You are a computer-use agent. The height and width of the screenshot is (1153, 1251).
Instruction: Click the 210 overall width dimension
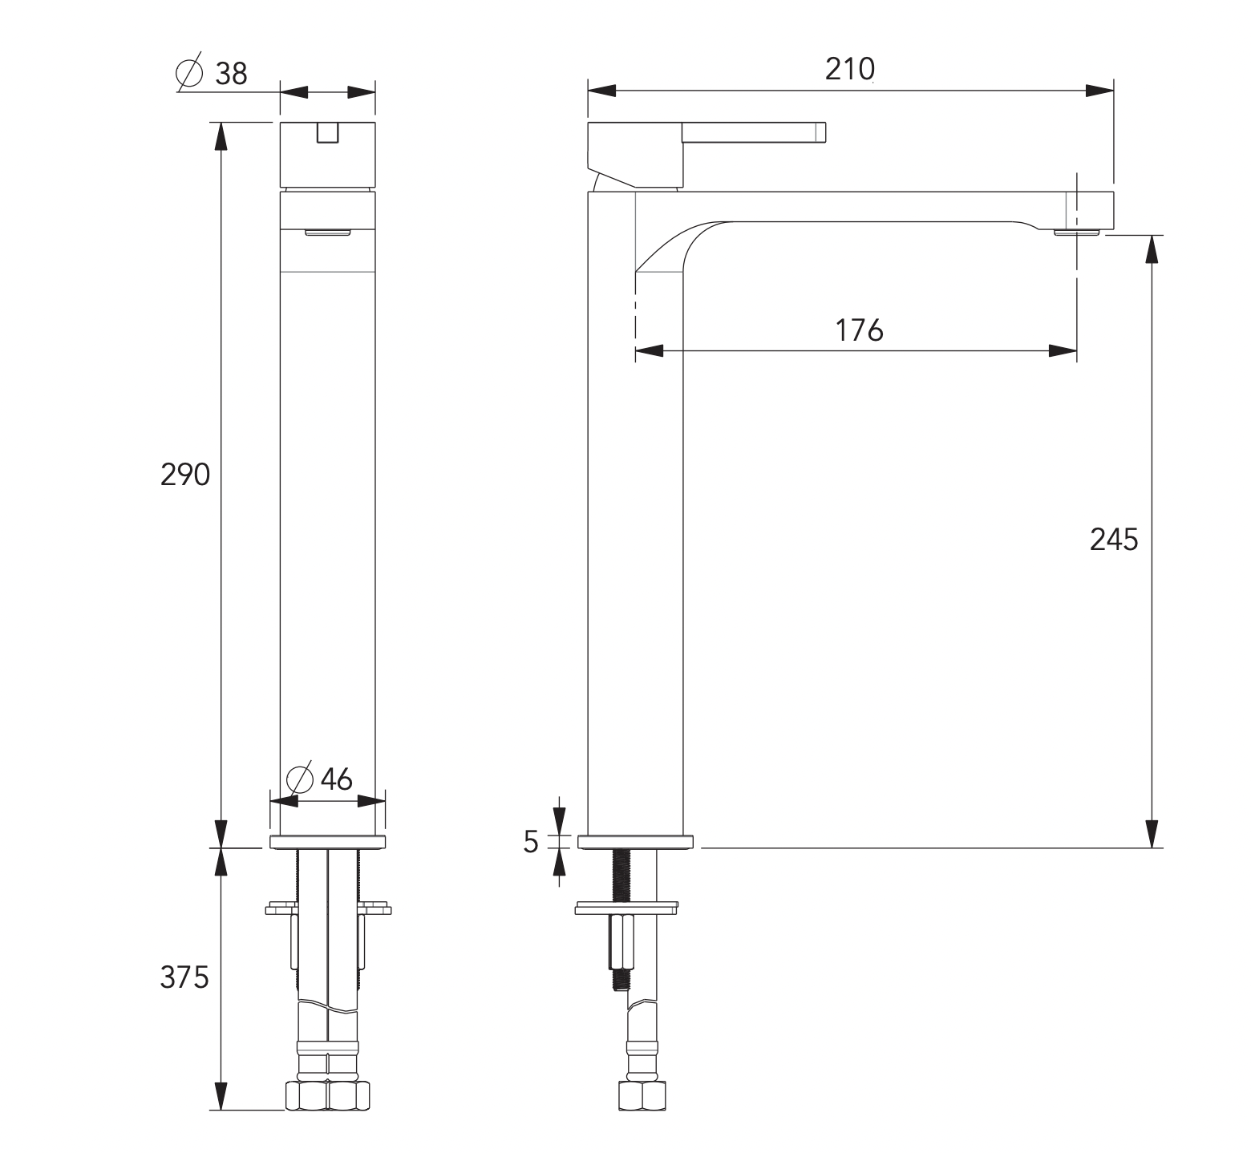click(x=849, y=70)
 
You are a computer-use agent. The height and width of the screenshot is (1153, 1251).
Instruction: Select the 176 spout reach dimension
click(x=859, y=330)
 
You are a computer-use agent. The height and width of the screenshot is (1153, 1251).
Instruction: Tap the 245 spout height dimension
click(x=1113, y=540)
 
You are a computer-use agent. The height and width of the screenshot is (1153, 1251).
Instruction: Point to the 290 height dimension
click(x=185, y=475)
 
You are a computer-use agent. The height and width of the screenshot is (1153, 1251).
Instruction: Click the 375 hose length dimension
click(x=184, y=977)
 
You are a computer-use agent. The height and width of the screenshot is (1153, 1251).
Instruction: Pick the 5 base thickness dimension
click(x=531, y=841)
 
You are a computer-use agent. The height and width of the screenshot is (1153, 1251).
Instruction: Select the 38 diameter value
click(x=231, y=75)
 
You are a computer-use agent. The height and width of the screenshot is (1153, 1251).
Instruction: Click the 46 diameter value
click(x=336, y=779)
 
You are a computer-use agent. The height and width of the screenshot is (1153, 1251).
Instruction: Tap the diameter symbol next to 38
click(x=189, y=73)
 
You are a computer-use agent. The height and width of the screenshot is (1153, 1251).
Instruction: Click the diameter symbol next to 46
click(x=299, y=779)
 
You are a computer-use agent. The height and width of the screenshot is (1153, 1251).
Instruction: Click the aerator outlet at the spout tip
click(x=1076, y=233)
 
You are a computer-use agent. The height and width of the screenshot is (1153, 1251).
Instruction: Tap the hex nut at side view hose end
click(x=641, y=1096)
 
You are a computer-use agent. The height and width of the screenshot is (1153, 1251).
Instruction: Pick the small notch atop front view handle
click(x=328, y=133)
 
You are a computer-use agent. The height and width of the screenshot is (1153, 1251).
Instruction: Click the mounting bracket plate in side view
click(x=625, y=908)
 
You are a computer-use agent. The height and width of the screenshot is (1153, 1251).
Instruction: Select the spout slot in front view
click(x=328, y=233)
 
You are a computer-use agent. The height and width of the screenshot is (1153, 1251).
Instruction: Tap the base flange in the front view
click(x=328, y=842)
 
